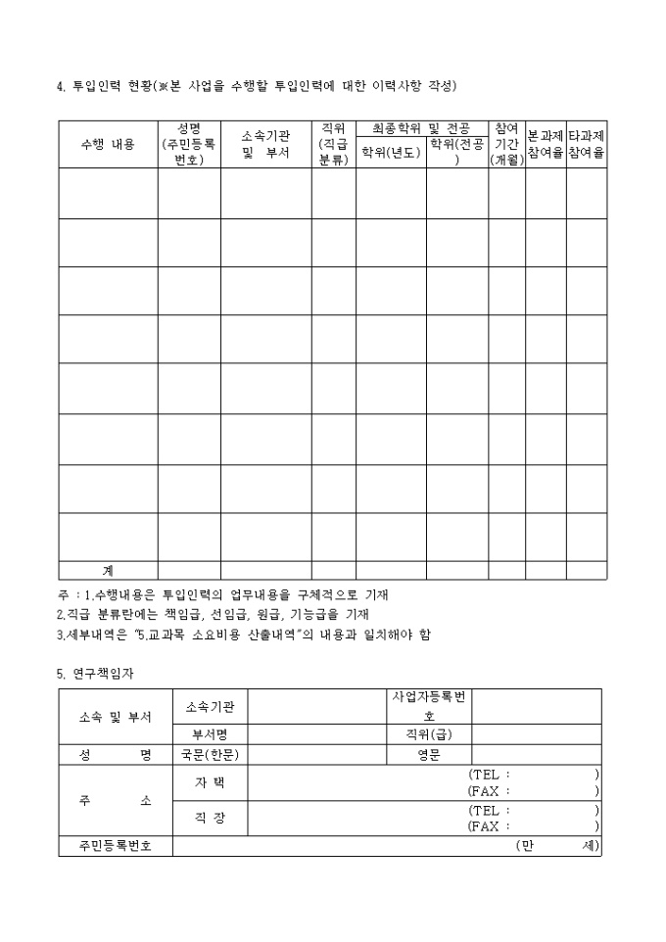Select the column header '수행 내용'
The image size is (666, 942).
click(x=108, y=144)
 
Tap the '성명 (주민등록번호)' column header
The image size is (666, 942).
click(x=189, y=144)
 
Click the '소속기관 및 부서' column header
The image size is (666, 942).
click(x=265, y=144)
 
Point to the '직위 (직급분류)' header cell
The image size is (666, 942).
click(x=333, y=144)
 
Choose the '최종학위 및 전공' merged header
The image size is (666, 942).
click(x=421, y=128)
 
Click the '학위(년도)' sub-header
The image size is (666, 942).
click(x=390, y=152)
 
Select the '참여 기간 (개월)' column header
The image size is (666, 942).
click(x=506, y=144)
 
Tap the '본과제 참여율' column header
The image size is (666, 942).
click(x=546, y=144)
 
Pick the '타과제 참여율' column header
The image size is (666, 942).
click(x=586, y=144)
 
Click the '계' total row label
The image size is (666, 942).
click(x=108, y=570)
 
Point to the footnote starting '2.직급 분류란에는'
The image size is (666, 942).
click(x=213, y=614)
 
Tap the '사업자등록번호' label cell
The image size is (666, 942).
click(x=430, y=706)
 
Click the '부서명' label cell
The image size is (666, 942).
click(x=210, y=733)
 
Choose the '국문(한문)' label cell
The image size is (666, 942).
click(x=210, y=754)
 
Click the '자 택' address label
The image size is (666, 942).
click(x=210, y=782)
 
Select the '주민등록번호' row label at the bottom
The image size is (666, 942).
click(x=116, y=846)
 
